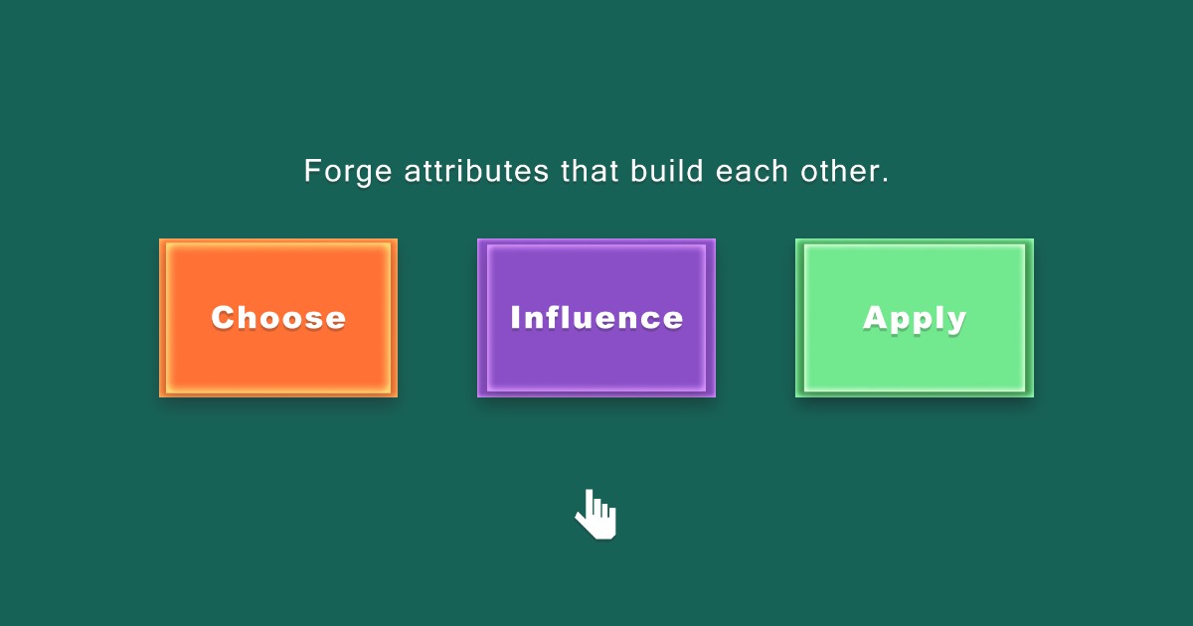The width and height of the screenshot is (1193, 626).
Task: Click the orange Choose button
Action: (278, 318)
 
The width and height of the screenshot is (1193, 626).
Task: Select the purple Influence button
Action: (596, 318)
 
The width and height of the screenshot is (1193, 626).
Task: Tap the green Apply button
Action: (915, 318)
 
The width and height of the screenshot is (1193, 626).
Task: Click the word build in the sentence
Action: (668, 171)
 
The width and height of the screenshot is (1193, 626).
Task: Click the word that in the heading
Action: (590, 171)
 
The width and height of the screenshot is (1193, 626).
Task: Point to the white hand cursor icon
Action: (596, 515)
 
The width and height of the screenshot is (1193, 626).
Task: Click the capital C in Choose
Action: (224, 318)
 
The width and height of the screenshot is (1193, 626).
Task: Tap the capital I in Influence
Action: (516, 318)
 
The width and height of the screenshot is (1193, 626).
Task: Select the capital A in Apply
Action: (875, 318)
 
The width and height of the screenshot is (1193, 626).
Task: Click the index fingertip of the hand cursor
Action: (589, 493)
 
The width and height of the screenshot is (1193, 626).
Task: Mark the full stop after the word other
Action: (885, 180)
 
